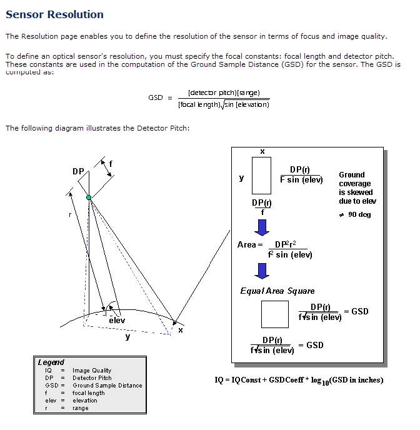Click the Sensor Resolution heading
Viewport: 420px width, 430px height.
point(54,14)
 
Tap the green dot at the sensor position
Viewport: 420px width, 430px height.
point(89,197)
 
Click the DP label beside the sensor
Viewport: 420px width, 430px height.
point(78,171)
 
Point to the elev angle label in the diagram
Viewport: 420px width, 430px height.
point(117,320)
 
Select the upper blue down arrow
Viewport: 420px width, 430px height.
point(262,225)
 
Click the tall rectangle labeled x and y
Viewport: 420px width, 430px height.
point(261,175)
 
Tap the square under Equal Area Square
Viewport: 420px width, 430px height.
point(275,314)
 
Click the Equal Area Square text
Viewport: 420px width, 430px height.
point(277,291)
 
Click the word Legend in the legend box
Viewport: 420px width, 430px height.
point(51,362)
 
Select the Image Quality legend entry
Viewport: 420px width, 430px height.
point(92,371)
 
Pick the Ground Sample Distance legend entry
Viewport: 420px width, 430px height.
point(107,386)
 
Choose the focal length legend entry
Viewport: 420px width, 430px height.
point(89,393)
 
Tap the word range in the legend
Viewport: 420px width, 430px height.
point(81,408)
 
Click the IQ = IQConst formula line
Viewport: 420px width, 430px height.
point(299,379)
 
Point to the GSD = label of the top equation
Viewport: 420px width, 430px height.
point(160,97)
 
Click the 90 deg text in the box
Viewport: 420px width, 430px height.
point(359,214)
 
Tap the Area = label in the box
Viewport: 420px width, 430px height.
point(248,244)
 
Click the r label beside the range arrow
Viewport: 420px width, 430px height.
point(69,214)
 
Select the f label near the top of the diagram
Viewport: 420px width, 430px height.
point(111,164)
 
